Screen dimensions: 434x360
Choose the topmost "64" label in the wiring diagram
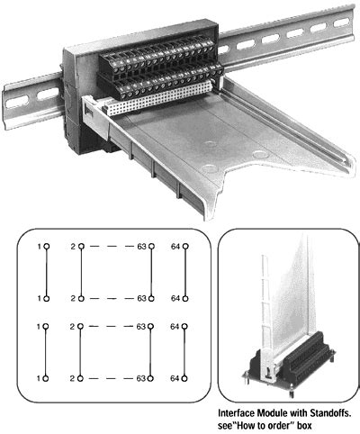coord(176,245)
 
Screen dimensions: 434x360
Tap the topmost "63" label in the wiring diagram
coord(141,245)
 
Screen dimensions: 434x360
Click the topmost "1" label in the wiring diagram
coord(38,245)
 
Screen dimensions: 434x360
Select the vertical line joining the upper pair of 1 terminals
coord(46,270)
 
